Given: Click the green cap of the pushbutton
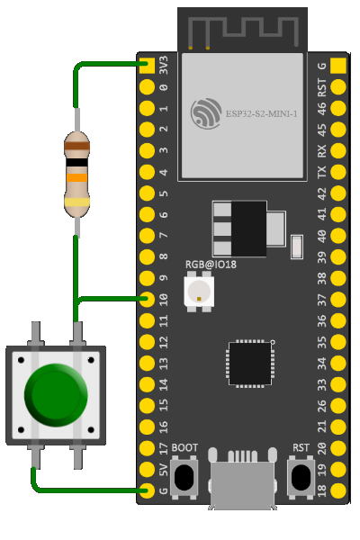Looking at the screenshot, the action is (56, 395).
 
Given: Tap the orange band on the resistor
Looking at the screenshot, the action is (76, 177).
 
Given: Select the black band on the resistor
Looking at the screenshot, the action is (76, 162).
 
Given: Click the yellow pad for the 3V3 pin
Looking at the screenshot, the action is (147, 66).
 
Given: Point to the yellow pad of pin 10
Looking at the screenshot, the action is (147, 300).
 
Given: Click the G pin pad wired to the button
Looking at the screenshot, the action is (147, 490).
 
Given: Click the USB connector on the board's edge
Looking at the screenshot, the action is (242, 480).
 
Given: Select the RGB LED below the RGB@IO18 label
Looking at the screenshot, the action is (199, 292).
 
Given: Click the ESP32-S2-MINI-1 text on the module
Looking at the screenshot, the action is (262, 114).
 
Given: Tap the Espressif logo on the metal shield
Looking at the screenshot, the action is (206, 113).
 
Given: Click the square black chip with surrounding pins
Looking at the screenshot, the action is (250, 364).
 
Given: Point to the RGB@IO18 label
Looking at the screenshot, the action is (211, 265).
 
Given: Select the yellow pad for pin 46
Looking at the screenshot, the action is (338, 108).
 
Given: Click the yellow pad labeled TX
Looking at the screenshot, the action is (338, 172).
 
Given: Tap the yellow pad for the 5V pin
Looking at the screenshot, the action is (147, 469).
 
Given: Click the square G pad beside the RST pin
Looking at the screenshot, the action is (338, 66).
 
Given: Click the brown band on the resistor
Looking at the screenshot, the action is (76, 146).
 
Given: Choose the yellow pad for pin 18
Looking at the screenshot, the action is (338, 490).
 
